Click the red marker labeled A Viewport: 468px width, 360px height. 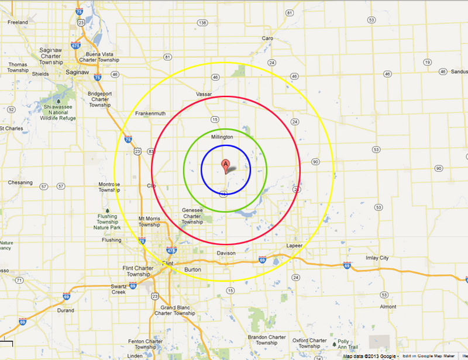[226, 165]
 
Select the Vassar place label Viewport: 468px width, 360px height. [204, 94]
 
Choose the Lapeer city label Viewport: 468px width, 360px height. [294, 245]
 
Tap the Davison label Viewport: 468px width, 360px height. [226, 253]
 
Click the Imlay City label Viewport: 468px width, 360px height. [376, 258]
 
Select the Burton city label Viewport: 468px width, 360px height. [192, 269]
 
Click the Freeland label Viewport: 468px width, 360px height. [18, 22]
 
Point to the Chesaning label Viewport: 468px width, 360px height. [20, 182]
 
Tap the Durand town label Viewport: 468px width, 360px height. [65, 310]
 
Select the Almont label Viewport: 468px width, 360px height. [388, 306]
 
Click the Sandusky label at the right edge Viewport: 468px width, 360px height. [460, 71]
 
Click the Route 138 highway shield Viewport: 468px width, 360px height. [202, 23]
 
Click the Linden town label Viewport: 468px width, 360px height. [135, 355]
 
